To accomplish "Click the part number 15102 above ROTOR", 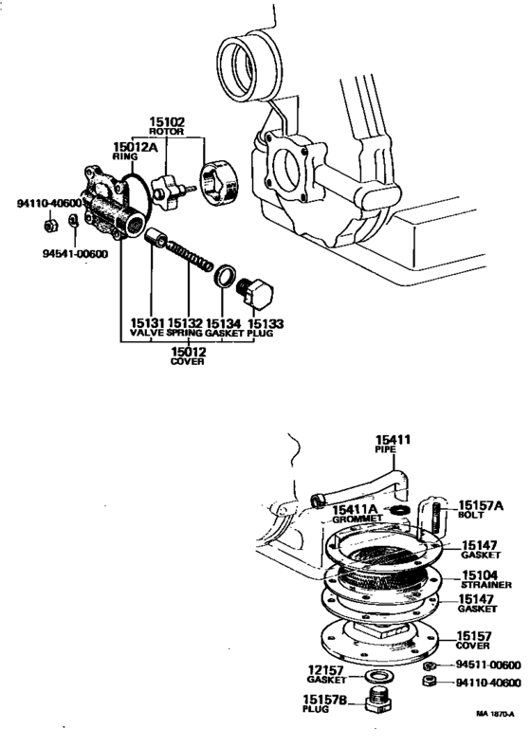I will pos(167,122).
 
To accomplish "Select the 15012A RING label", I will pos(132,150).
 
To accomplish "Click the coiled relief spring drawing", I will pos(191,261).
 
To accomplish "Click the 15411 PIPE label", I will pos(391,444).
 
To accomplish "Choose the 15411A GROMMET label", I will pos(357,515).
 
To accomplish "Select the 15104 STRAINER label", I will pos(486,580).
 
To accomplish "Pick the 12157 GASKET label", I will pos(327,674).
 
